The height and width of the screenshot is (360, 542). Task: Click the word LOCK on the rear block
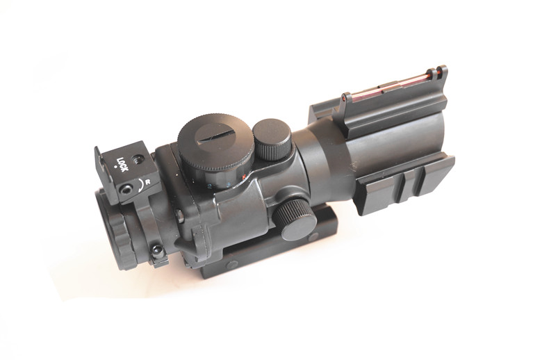tap(122, 165)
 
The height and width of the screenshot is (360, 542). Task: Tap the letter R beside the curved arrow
tap(147, 183)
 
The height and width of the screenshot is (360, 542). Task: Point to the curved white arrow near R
tap(140, 186)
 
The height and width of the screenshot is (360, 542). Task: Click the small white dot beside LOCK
tap(115, 167)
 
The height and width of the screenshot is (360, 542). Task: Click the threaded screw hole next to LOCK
tap(138, 158)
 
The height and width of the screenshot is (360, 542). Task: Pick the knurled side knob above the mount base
tap(295, 220)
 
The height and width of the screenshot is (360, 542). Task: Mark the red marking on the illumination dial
tap(244, 177)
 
